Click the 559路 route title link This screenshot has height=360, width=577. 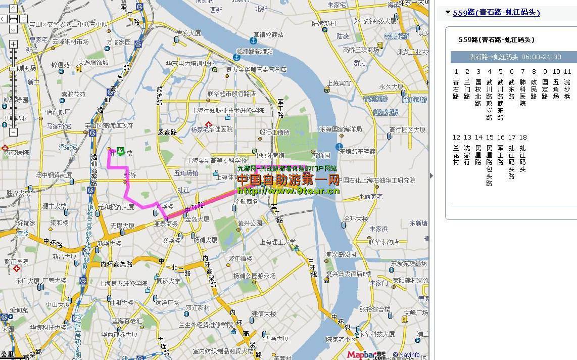tap(496, 13)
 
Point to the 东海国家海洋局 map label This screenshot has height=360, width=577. tap(341, 129)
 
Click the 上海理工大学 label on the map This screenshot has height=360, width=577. tap(275, 242)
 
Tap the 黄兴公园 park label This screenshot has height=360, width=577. tap(250, 222)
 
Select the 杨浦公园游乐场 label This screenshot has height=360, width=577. tap(254, 276)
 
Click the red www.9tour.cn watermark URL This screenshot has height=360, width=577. tap(288, 191)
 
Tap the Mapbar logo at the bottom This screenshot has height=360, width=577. tap(366, 355)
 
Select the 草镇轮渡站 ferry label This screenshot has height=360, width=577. tap(268, 35)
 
